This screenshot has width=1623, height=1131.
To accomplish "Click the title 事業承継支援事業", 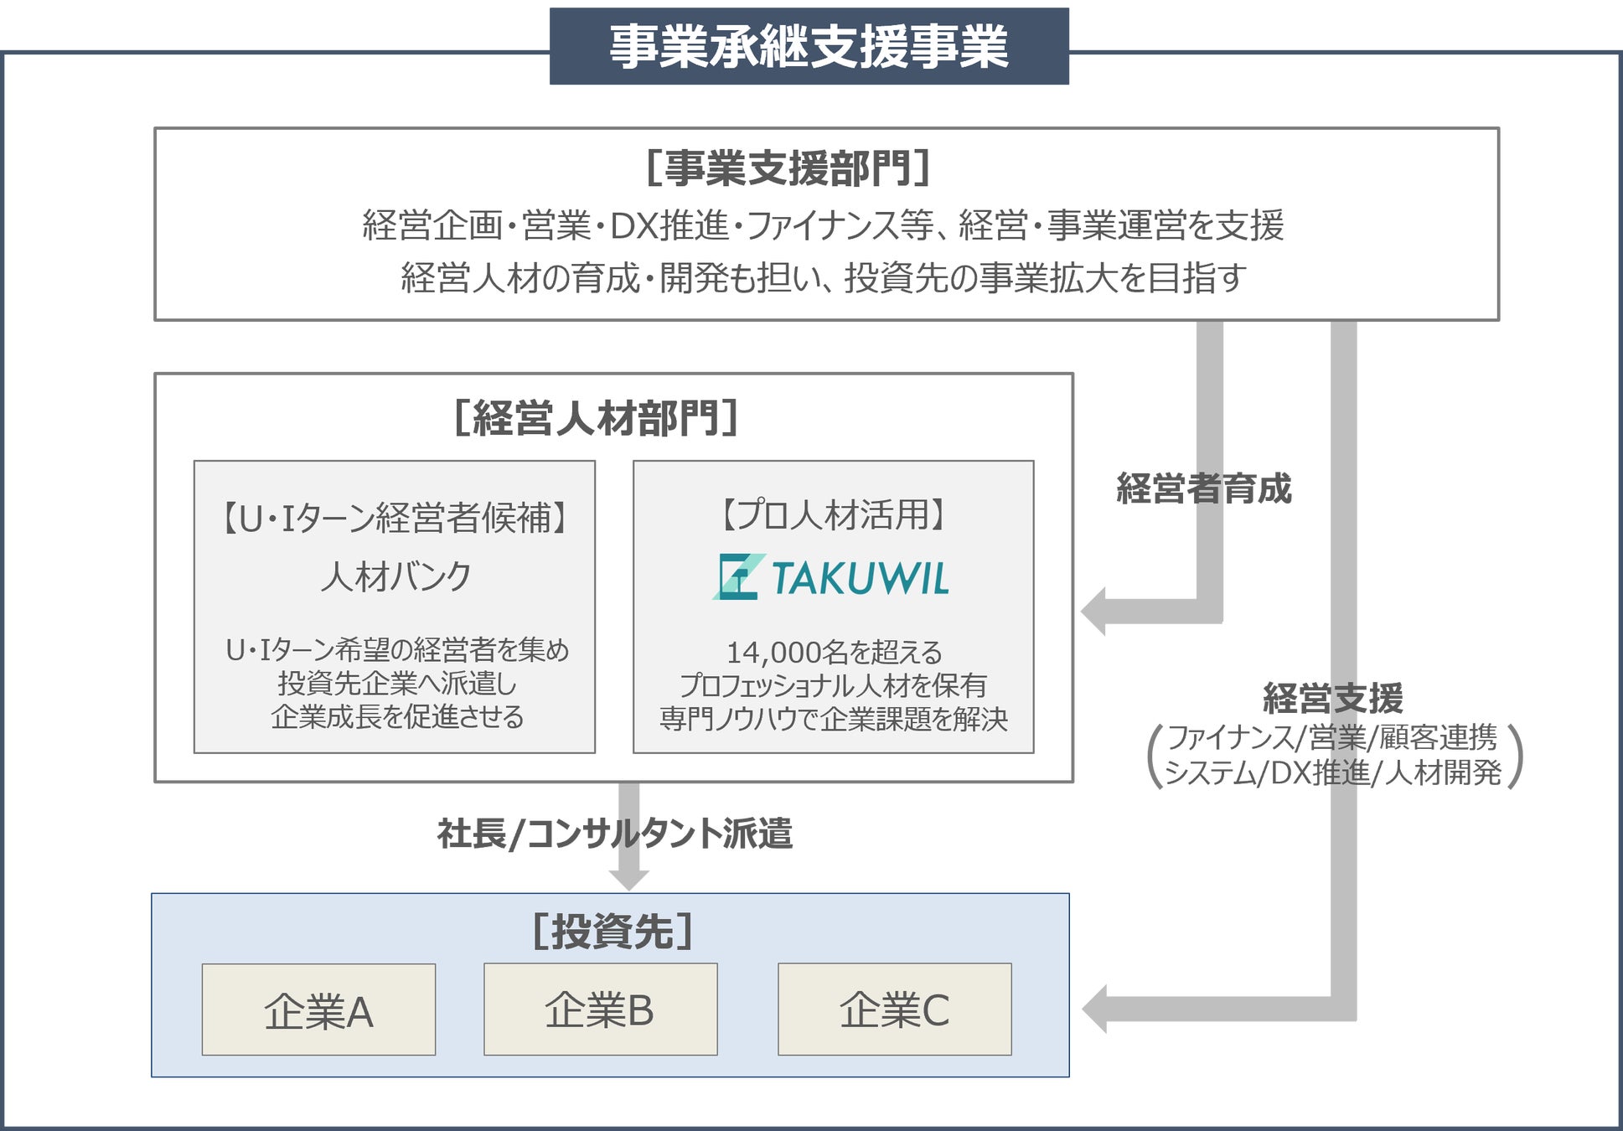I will tap(809, 46).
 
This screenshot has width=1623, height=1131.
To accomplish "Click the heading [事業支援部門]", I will tap(788, 168).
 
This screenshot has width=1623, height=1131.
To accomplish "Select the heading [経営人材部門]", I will tap(596, 417).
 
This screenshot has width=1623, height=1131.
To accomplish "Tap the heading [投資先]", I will tap(613, 931).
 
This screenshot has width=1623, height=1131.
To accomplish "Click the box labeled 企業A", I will tap(318, 1010).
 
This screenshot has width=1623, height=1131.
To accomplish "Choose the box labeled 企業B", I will tap(600, 1009).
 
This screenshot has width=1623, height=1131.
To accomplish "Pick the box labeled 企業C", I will tap(894, 1009).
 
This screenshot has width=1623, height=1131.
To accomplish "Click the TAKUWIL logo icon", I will tap(738, 577).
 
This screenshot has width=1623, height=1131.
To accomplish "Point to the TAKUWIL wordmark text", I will tap(861, 578).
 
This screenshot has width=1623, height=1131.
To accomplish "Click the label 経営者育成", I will tap(1204, 488).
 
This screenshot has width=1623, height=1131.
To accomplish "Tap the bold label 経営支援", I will tap(1332, 698).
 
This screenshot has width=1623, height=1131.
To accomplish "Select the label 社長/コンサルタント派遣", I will tap(614, 834).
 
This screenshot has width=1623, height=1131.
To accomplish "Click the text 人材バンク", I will tap(395, 576).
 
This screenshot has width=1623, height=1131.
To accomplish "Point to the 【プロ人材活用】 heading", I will tap(834, 514).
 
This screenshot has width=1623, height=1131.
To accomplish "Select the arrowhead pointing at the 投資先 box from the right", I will tap(1095, 1009).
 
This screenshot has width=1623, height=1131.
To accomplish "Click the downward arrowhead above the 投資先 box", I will tap(628, 879).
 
